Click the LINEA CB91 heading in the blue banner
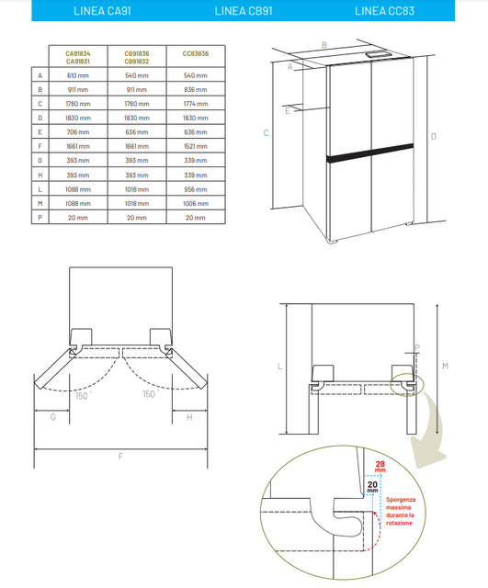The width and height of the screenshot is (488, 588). (244, 11)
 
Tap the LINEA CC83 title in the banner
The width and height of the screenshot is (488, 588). (384, 11)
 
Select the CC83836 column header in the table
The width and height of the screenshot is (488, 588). (196, 53)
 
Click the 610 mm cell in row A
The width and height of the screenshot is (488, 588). (78, 75)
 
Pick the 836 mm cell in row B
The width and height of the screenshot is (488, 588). (196, 90)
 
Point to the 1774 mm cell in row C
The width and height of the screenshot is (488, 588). (196, 104)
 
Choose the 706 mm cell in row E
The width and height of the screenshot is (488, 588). (78, 132)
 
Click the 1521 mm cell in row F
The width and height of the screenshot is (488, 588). (196, 146)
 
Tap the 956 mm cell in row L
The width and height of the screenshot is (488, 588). (196, 189)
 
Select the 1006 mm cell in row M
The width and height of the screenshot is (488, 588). (196, 204)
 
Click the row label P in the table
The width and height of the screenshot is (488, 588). (40, 218)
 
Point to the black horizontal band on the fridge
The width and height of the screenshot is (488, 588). (369, 153)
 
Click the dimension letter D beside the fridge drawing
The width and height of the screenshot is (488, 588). (434, 137)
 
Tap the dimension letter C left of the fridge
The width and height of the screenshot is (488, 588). (266, 132)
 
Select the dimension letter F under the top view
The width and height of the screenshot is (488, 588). (120, 457)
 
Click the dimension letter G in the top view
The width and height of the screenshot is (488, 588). (53, 417)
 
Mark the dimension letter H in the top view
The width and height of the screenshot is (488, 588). (189, 417)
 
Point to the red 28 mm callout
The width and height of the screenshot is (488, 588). (380, 467)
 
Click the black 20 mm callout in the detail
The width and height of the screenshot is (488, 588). (372, 487)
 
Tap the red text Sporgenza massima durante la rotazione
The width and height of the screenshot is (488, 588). (401, 511)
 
